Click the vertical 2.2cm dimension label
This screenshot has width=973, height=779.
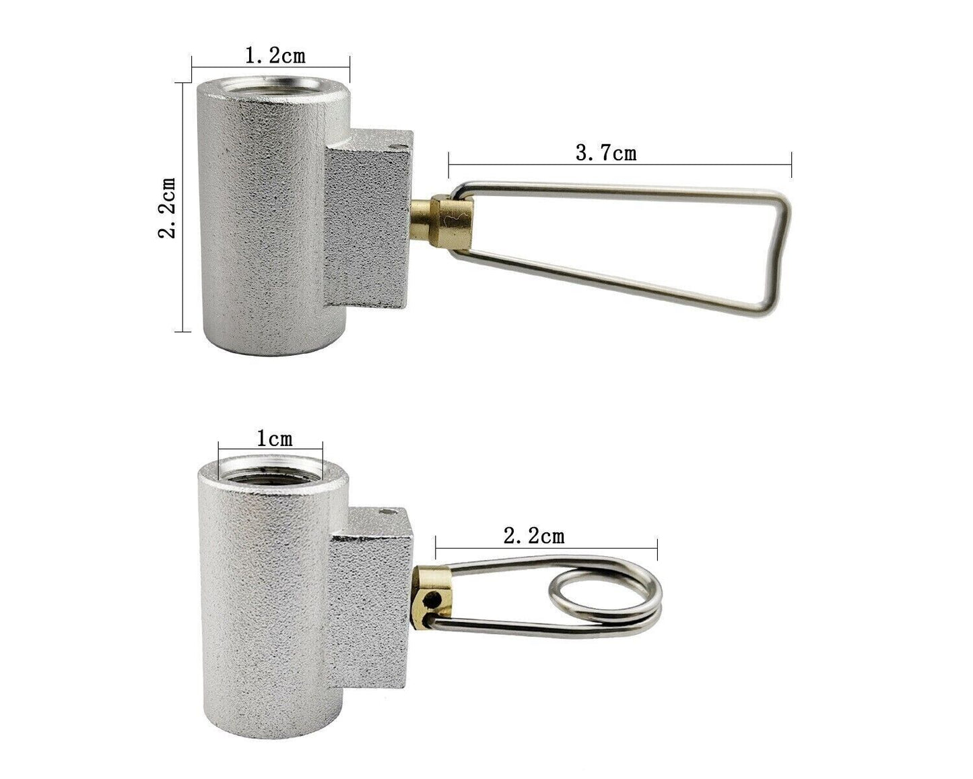coord(166,207)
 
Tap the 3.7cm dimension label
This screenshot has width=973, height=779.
coord(605,153)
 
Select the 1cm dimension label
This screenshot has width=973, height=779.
coord(274,439)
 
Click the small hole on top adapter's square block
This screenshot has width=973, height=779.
coord(395,145)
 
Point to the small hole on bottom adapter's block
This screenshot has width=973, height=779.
coord(386,513)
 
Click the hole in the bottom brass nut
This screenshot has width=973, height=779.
coord(438,598)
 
